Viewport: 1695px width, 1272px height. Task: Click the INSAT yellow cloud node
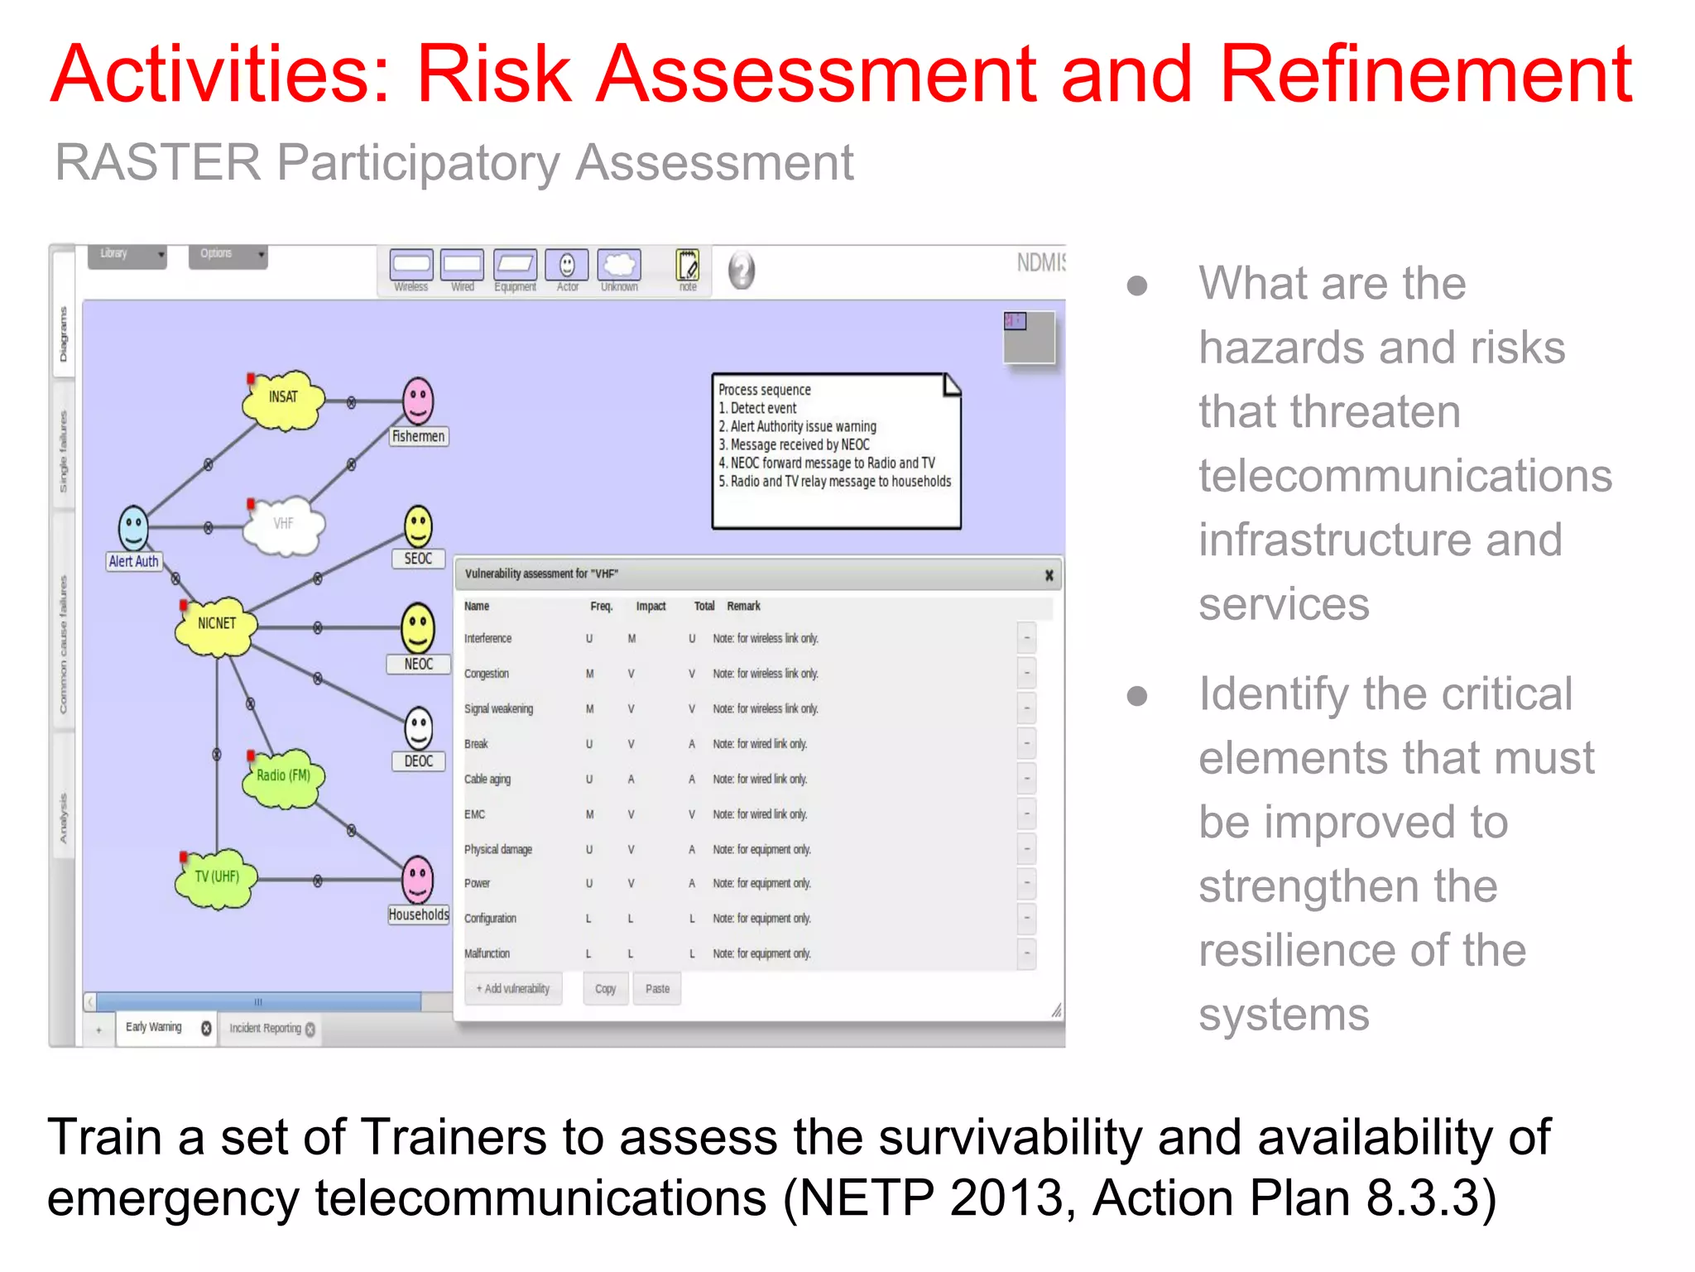click(282, 399)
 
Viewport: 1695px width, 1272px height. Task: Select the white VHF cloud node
click(283, 525)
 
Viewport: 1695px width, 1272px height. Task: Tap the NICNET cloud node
click(216, 625)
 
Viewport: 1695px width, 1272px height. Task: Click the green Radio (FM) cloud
click(283, 776)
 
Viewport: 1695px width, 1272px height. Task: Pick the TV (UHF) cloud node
click(216, 877)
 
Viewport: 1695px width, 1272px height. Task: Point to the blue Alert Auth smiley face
click(133, 526)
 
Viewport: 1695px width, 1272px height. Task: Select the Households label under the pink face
click(419, 914)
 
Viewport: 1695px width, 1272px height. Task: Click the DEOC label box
click(418, 761)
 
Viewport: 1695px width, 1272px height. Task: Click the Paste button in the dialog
click(657, 989)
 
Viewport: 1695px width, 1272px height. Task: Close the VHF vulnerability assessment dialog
click(1049, 575)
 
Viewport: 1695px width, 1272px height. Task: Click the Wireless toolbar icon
click(411, 266)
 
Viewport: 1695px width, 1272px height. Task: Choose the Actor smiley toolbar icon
click(567, 266)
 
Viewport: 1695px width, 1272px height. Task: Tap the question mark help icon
click(742, 270)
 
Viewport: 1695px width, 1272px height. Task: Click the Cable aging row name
click(487, 780)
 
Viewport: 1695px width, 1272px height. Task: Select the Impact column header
click(651, 607)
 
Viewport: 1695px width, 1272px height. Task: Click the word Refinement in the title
click(1425, 74)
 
